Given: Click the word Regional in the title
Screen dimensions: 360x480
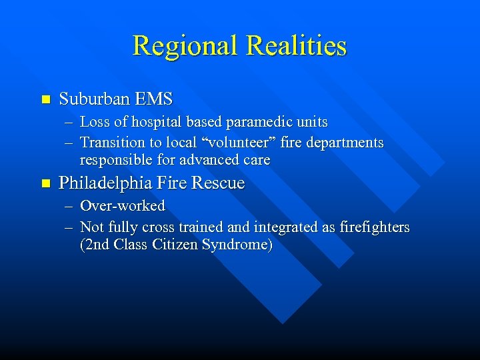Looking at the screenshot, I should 185,45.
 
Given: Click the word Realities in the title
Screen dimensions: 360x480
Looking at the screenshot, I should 296,45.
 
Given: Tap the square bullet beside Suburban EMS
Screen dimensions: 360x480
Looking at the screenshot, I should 45,100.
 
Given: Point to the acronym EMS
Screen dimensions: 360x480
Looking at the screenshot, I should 153,99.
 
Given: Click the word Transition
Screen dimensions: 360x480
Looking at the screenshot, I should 112,142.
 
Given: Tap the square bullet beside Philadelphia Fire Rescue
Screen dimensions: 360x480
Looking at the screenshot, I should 45,183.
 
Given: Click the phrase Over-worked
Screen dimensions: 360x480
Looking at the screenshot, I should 122,205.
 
